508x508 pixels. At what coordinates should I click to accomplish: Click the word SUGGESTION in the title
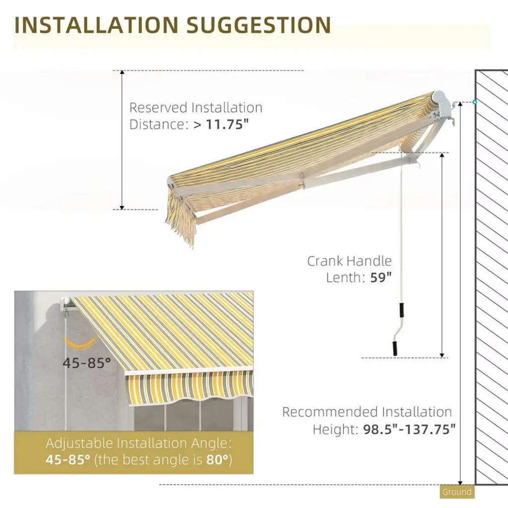point(258,25)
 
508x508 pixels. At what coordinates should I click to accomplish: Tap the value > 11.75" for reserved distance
point(220,124)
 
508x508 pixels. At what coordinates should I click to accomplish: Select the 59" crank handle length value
point(381,277)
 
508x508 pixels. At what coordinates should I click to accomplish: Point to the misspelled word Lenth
point(346,277)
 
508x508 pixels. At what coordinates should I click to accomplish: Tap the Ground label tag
point(457,492)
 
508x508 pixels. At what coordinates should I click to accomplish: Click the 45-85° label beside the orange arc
point(86,363)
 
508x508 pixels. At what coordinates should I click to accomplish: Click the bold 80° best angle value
point(218,459)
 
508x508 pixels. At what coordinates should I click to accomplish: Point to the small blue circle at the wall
point(475,102)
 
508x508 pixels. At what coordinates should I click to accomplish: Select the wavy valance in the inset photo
point(189,387)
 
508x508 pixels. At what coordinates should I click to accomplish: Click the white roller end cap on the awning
point(439,98)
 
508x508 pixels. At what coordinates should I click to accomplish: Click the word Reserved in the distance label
point(158,108)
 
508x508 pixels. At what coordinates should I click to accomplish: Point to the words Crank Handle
point(349,261)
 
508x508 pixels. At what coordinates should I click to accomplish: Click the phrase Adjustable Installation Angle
point(138,443)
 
